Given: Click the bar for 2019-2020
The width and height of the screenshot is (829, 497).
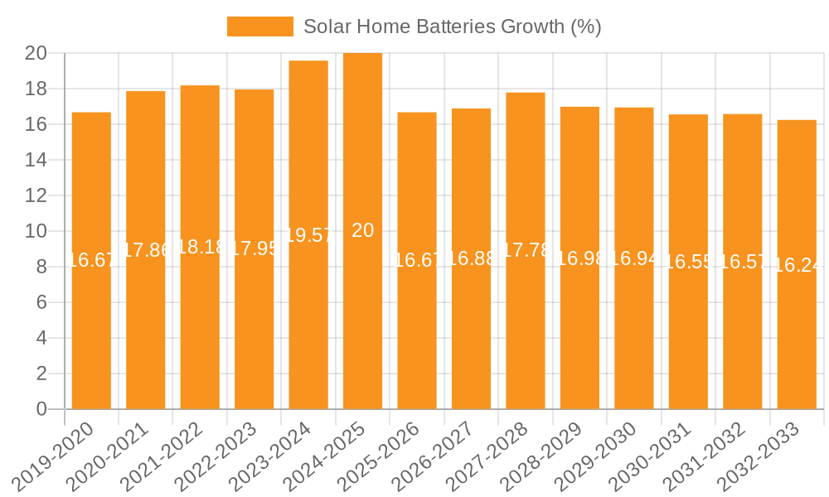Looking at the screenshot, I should [x=91, y=331].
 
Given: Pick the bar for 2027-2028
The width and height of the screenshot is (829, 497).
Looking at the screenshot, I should [x=526, y=331].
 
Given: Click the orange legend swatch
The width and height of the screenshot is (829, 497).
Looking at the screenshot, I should [x=259, y=27].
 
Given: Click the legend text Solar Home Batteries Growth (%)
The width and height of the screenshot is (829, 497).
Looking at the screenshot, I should [x=452, y=27].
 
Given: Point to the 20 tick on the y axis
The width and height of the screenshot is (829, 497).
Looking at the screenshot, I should [x=36, y=53].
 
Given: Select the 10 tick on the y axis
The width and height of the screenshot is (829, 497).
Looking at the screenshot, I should [x=36, y=231].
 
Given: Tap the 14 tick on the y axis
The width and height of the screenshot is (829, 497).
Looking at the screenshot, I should [x=36, y=160].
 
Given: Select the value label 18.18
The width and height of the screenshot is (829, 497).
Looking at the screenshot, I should [x=200, y=248].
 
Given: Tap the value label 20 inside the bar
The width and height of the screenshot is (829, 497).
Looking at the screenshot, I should [x=362, y=231].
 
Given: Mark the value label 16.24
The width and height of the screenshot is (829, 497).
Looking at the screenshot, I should [x=797, y=265].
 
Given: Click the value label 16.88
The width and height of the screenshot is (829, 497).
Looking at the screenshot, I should [x=471, y=259].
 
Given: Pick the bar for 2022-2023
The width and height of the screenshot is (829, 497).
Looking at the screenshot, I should [x=254, y=331].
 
